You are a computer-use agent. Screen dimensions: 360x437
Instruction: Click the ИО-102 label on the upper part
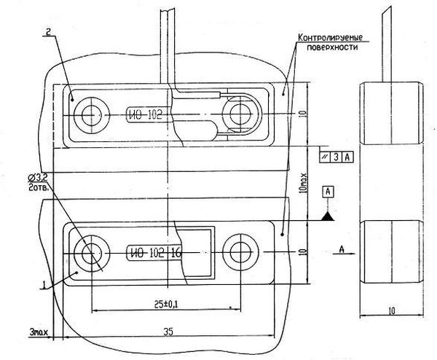coord(145,114)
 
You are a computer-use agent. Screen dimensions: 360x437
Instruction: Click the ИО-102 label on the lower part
coord(148,254)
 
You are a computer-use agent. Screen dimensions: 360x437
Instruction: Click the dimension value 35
coord(169,332)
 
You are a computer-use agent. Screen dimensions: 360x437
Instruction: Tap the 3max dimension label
coord(38,332)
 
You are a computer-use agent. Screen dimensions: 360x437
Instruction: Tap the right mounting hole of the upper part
coord(237,114)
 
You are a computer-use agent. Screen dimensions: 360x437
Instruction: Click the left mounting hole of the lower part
coord(91,254)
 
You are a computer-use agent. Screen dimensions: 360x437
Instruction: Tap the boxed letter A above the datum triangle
coord(328,191)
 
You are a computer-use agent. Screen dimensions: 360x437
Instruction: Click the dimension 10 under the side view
coord(392,310)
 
